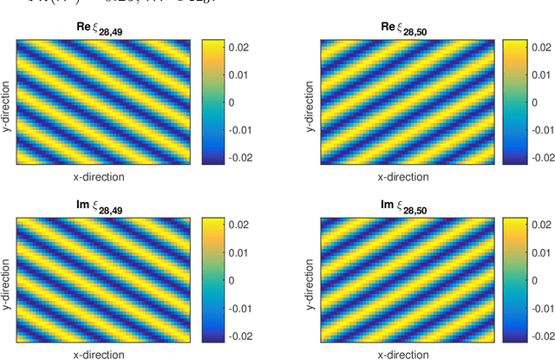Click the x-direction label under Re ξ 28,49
click(x=98, y=176)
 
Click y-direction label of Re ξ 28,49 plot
click(x=8, y=102)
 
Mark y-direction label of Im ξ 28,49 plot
click(x=8, y=278)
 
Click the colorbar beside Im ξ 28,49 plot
click(x=212, y=278)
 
